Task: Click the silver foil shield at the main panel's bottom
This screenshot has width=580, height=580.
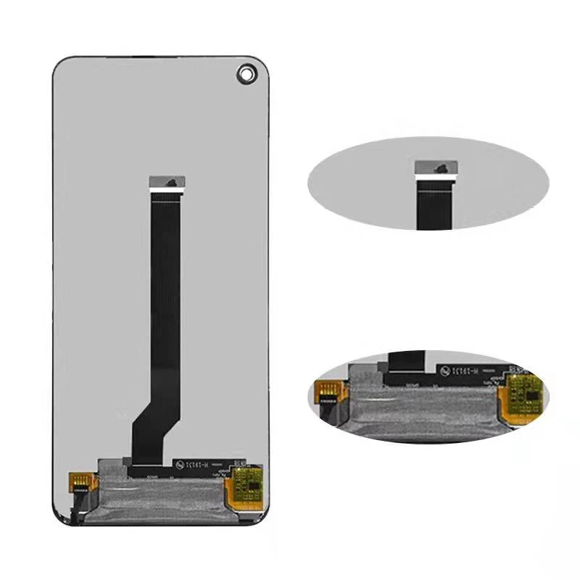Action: click(x=152, y=497)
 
